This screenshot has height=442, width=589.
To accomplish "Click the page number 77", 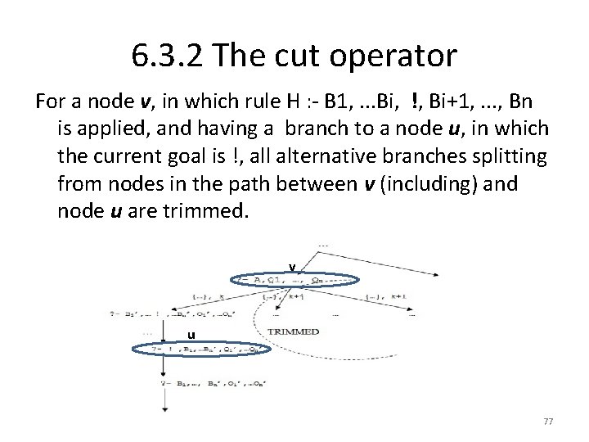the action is [x=548, y=421].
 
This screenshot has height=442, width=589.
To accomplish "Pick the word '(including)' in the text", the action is [x=425, y=182].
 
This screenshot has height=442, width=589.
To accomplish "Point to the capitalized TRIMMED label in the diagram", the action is [x=294, y=331].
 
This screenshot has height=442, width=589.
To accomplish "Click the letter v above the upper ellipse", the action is [x=291, y=265].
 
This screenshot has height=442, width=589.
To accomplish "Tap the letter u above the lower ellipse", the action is [x=191, y=333].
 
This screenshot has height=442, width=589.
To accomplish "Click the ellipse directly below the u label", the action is [x=201, y=349].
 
